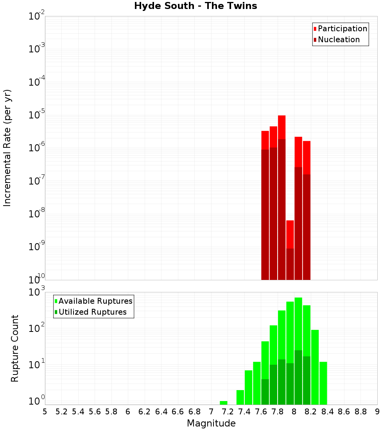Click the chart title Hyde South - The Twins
(195, 6)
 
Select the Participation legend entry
(340, 29)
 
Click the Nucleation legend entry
(336, 39)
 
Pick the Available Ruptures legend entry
(93, 301)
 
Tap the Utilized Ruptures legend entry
(90, 312)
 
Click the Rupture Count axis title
(15, 348)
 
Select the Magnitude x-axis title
(211, 423)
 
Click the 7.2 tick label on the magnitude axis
(228, 412)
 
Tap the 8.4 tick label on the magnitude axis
(327, 412)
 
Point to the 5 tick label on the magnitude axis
(45, 412)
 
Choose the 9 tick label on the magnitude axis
(377, 412)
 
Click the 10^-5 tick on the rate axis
(36, 115)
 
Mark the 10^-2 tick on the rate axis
(36, 16)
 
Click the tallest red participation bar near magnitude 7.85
(282, 127)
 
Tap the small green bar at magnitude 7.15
(224, 403)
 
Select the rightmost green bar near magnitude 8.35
(323, 383)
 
